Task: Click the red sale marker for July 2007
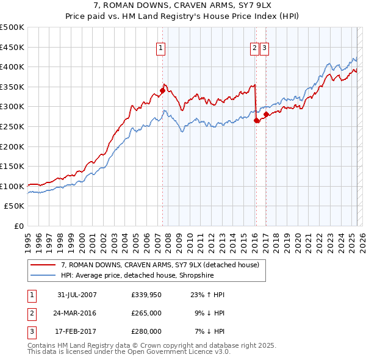163,91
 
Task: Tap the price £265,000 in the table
146,313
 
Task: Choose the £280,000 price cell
146,331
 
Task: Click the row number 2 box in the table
30,313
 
